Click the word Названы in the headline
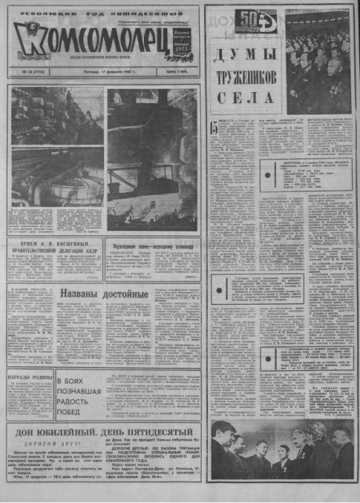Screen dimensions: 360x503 (81, 294)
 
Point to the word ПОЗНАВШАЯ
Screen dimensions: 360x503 (80, 392)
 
